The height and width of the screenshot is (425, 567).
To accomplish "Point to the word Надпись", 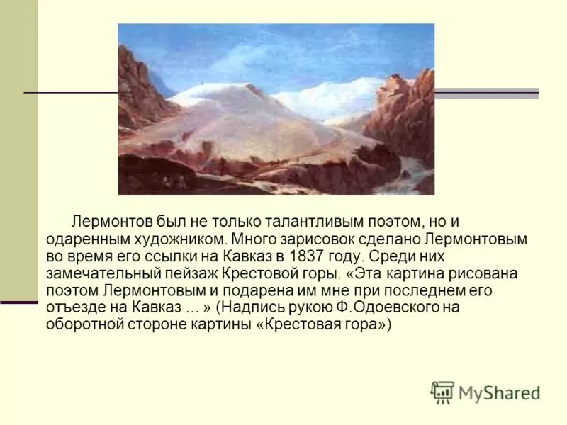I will point(259,308).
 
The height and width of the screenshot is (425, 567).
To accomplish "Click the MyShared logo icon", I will point(442,392).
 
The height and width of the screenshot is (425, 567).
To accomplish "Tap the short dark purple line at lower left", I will point(18,302).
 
